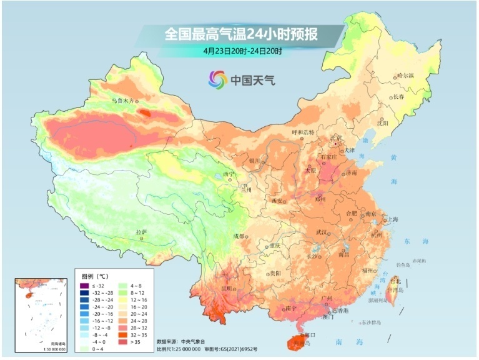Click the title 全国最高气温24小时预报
pyautogui.click(x=241, y=34)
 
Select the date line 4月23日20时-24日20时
pyautogui.click(x=242, y=51)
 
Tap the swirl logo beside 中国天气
pyautogui.click(x=218, y=79)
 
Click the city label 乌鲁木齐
pyautogui.click(x=122, y=100)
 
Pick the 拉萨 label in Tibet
pyautogui.click(x=141, y=232)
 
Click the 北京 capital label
pyautogui.click(x=337, y=137)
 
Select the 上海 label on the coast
pyautogui.click(x=392, y=219)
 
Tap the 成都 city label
pyautogui.click(x=239, y=236)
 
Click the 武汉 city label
pyautogui.click(x=322, y=232)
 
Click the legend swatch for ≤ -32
pyautogui.click(x=82, y=285)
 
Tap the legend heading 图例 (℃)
pyautogui.click(x=96, y=275)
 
